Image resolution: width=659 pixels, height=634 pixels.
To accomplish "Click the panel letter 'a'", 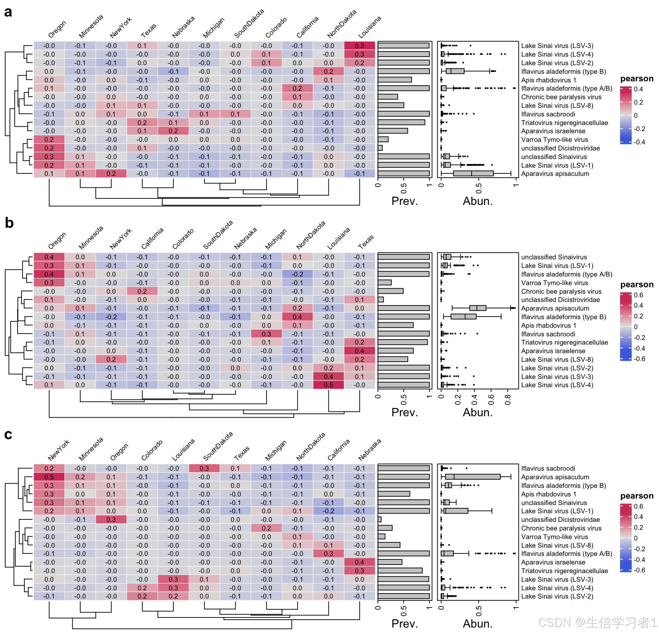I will pos(8,12).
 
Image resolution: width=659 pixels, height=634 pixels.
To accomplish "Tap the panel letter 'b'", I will pos(9,223).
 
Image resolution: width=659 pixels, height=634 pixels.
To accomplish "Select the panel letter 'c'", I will pos(8,434).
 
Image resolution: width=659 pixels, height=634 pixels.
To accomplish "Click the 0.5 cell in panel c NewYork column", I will pos(49,477).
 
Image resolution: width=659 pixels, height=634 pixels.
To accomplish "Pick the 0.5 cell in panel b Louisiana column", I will pos(328,385).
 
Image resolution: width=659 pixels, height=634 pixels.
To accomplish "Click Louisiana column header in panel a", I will pos(370,27).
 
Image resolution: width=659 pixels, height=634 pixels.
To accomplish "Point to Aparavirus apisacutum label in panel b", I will pos(555,308).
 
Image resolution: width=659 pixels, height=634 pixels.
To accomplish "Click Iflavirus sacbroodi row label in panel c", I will pos(548,469).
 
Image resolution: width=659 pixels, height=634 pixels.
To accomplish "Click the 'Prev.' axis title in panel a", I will pos(404,201).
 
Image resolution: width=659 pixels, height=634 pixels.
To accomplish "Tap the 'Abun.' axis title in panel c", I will pos(477,624).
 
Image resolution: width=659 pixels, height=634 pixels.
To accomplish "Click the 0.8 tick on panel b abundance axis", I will pos(508,399).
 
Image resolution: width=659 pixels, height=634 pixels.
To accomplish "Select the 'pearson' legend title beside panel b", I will pos(636,284).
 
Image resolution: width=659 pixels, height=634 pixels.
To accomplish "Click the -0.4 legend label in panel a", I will pos(639,142).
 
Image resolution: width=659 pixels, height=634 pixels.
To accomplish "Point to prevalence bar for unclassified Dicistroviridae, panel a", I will pos(380,148).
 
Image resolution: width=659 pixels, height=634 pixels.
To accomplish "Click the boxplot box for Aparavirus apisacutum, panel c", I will pos(473,477).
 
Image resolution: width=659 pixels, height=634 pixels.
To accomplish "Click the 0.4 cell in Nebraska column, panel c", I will pos(359,562).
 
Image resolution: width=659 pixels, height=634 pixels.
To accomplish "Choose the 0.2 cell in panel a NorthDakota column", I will pos(328,72).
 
